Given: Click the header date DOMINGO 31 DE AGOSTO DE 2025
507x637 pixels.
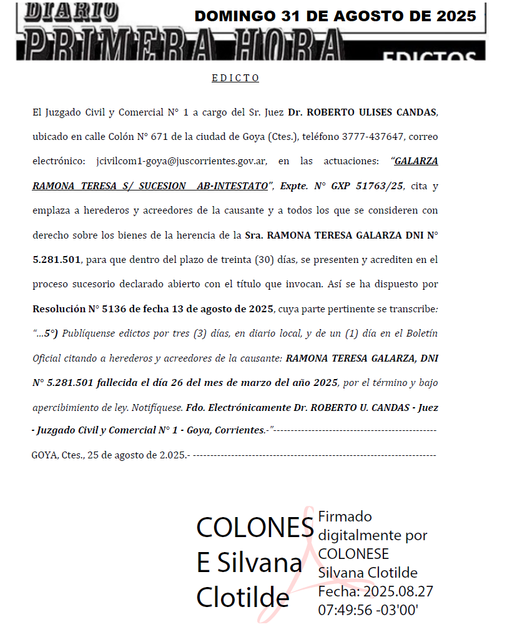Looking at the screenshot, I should pos(335,16).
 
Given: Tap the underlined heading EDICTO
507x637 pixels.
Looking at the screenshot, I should pos(235,78).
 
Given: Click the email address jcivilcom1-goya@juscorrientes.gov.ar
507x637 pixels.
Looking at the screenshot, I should pos(182,161).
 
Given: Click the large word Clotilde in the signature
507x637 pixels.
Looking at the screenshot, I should pos(243,598).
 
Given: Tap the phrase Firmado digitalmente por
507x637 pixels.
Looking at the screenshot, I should pos(372,526).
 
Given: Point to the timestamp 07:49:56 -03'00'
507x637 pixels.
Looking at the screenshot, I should pos(368,610).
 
